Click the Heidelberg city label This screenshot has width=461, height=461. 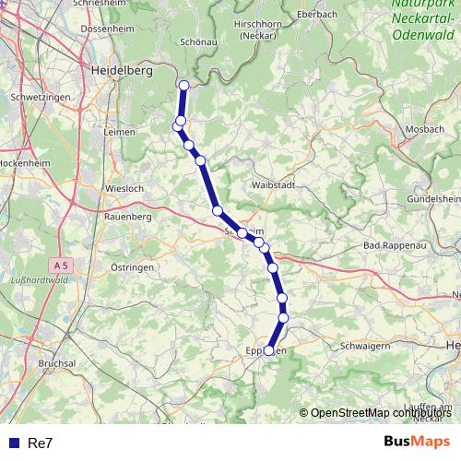click(119, 70)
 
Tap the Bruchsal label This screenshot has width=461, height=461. click(57, 363)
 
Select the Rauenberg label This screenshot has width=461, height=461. click(127, 216)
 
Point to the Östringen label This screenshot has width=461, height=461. click(133, 266)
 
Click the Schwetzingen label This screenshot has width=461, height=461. click(40, 97)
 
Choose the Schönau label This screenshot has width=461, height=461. click(198, 41)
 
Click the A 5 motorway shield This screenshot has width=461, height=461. click(60, 265)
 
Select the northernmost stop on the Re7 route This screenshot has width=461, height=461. click(183, 86)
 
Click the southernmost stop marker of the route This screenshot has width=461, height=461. click(269, 350)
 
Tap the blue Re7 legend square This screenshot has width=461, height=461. click(13, 443)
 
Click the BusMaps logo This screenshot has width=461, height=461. click(417, 442)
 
